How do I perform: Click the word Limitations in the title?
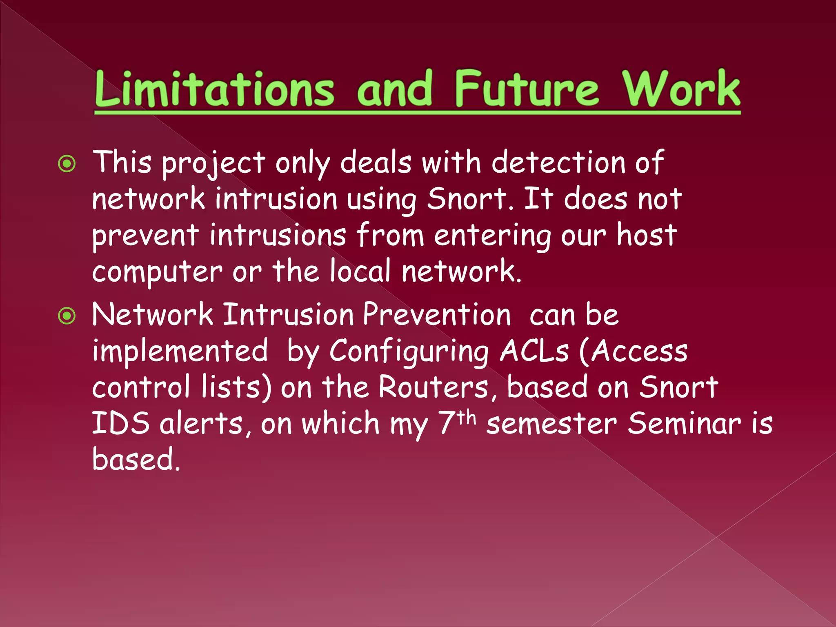pos(214,89)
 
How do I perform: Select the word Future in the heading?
pos(527,89)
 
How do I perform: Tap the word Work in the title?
pos(681,89)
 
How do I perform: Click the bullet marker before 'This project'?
pos(67,164)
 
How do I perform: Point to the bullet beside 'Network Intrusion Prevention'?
pos(67,316)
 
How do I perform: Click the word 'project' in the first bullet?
pos(213,163)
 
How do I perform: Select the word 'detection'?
pos(558,162)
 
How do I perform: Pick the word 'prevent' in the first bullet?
pos(145,236)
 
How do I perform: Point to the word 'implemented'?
pos(180,351)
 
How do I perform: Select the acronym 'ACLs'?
pos(534,351)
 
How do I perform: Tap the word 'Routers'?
pos(433,387)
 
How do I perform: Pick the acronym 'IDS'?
pos(121,423)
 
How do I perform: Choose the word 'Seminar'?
pos(684,423)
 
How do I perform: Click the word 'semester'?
pos(551,424)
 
